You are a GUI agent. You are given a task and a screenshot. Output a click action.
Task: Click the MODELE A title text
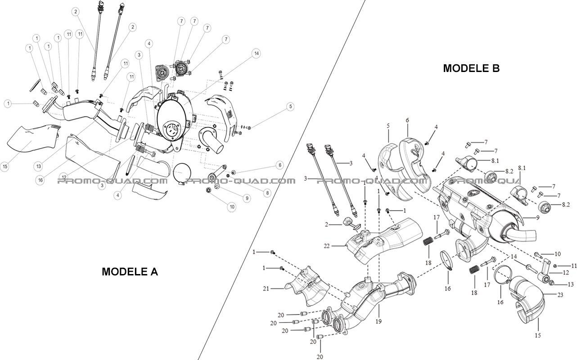coord(130,272)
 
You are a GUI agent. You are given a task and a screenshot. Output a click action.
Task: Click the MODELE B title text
coord(471,68)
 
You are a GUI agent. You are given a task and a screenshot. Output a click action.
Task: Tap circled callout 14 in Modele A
coord(257,54)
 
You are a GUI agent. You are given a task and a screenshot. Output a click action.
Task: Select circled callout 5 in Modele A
coord(291,107)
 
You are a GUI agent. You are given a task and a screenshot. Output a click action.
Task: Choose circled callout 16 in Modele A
coord(41,180)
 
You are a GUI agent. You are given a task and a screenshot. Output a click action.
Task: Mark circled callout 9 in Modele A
coord(247,198)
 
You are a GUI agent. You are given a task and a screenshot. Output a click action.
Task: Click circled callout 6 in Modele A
coord(279,166)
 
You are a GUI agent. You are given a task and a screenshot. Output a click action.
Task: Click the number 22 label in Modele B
coord(327,246)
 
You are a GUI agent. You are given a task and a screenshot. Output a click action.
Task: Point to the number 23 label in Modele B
coord(560,295)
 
